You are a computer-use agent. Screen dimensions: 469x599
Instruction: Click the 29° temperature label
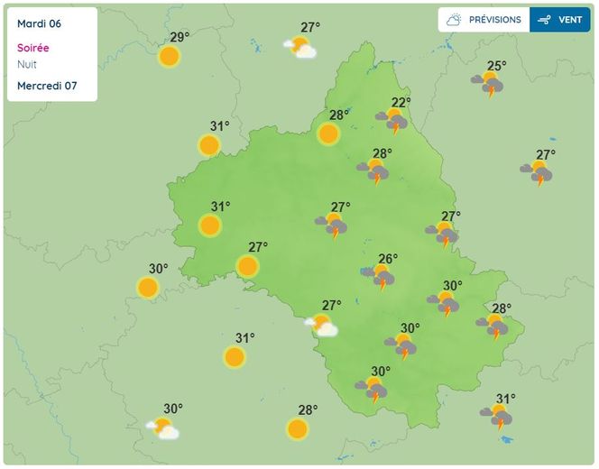[x=180, y=37]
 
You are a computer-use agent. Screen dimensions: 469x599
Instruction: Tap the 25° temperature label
[x=497, y=65]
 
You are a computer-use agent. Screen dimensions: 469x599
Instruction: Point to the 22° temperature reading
[x=401, y=102]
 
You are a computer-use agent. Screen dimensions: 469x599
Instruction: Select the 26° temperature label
[x=387, y=259]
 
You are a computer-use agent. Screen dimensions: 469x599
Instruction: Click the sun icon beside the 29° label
[x=169, y=57]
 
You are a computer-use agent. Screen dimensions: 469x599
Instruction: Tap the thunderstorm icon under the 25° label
[x=490, y=85]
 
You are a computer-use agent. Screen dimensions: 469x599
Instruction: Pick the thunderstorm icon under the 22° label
[x=393, y=120]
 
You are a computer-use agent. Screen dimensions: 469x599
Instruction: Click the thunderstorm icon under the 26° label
[x=381, y=278]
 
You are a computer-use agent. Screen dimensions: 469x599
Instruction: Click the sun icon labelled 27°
[x=246, y=266]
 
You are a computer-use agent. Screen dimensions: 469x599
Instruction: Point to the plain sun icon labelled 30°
[x=148, y=288]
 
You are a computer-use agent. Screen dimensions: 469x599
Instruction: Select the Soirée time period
[x=33, y=48]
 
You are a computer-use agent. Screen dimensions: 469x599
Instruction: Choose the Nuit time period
[x=27, y=64]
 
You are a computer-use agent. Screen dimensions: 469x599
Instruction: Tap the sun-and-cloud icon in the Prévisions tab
[x=454, y=20]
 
